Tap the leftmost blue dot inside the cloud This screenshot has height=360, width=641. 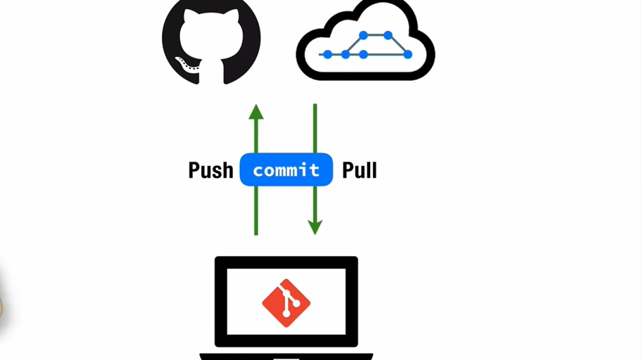point(327,54)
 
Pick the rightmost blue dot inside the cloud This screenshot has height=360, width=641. point(407,54)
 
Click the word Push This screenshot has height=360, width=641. point(210,170)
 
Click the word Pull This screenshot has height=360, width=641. point(359,170)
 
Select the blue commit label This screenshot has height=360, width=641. point(286,169)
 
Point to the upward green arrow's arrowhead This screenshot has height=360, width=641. point(256,111)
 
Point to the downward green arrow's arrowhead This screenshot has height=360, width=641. point(315,227)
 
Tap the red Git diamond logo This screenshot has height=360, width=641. point(286,303)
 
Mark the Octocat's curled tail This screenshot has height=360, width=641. point(184,67)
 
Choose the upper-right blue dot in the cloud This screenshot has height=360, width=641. point(387,34)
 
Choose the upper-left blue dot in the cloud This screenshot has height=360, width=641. point(363,34)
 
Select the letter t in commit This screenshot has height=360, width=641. point(315,170)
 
